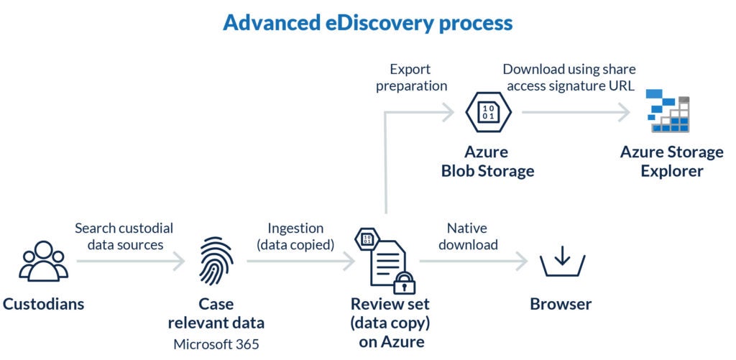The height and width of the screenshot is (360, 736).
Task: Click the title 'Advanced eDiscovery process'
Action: (x=367, y=22)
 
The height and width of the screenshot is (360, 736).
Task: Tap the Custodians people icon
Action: (x=43, y=261)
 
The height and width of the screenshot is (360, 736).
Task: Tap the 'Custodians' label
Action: (x=43, y=304)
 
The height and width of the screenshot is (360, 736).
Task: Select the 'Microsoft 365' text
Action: (x=216, y=343)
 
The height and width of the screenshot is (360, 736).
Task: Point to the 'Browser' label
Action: (x=561, y=304)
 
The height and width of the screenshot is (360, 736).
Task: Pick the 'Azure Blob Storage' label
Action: (x=487, y=162)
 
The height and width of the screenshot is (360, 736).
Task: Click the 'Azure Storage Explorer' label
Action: (x=672, y=162)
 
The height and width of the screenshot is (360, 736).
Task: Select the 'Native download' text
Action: (x=467, y=236)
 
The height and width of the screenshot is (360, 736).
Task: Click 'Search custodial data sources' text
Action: (x=124, y=236)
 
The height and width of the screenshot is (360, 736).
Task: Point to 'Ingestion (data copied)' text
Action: (x=297, y=236)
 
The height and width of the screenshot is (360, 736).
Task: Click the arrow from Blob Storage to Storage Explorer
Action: (x=575, y=112)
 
